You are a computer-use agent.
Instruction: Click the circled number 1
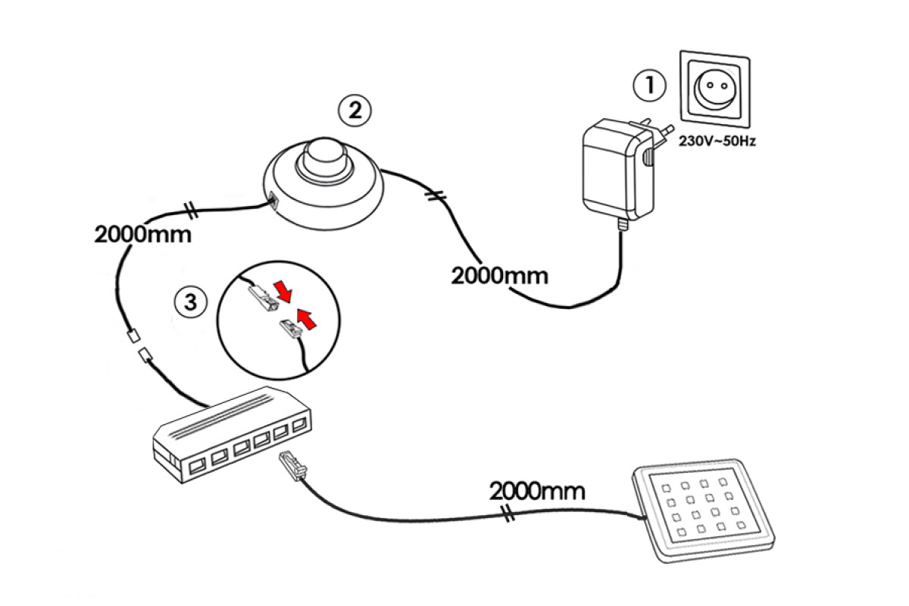tap(650, 86)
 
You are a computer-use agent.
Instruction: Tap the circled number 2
tap(355, 111)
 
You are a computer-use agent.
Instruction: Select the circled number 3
tap(190, 302)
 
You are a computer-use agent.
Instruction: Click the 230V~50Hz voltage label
tap(717, 141)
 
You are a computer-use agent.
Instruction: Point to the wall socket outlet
tap(715, 89)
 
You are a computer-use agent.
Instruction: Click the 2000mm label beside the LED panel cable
tap(537, 491)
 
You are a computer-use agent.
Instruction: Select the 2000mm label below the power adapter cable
tap(499, 276)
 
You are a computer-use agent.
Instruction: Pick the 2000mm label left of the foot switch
tap(143, 234)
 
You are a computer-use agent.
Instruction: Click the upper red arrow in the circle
tap(283, 291)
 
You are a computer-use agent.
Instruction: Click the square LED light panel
tap(703, 511)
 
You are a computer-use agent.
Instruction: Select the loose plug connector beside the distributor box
tap(292, 466)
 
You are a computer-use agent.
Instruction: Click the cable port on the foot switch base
tap(273, 201)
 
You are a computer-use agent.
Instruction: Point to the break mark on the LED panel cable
tap(508, 514)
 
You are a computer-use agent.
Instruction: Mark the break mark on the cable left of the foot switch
tap(191, 211)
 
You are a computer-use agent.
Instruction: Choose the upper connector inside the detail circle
tap(263, 298)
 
